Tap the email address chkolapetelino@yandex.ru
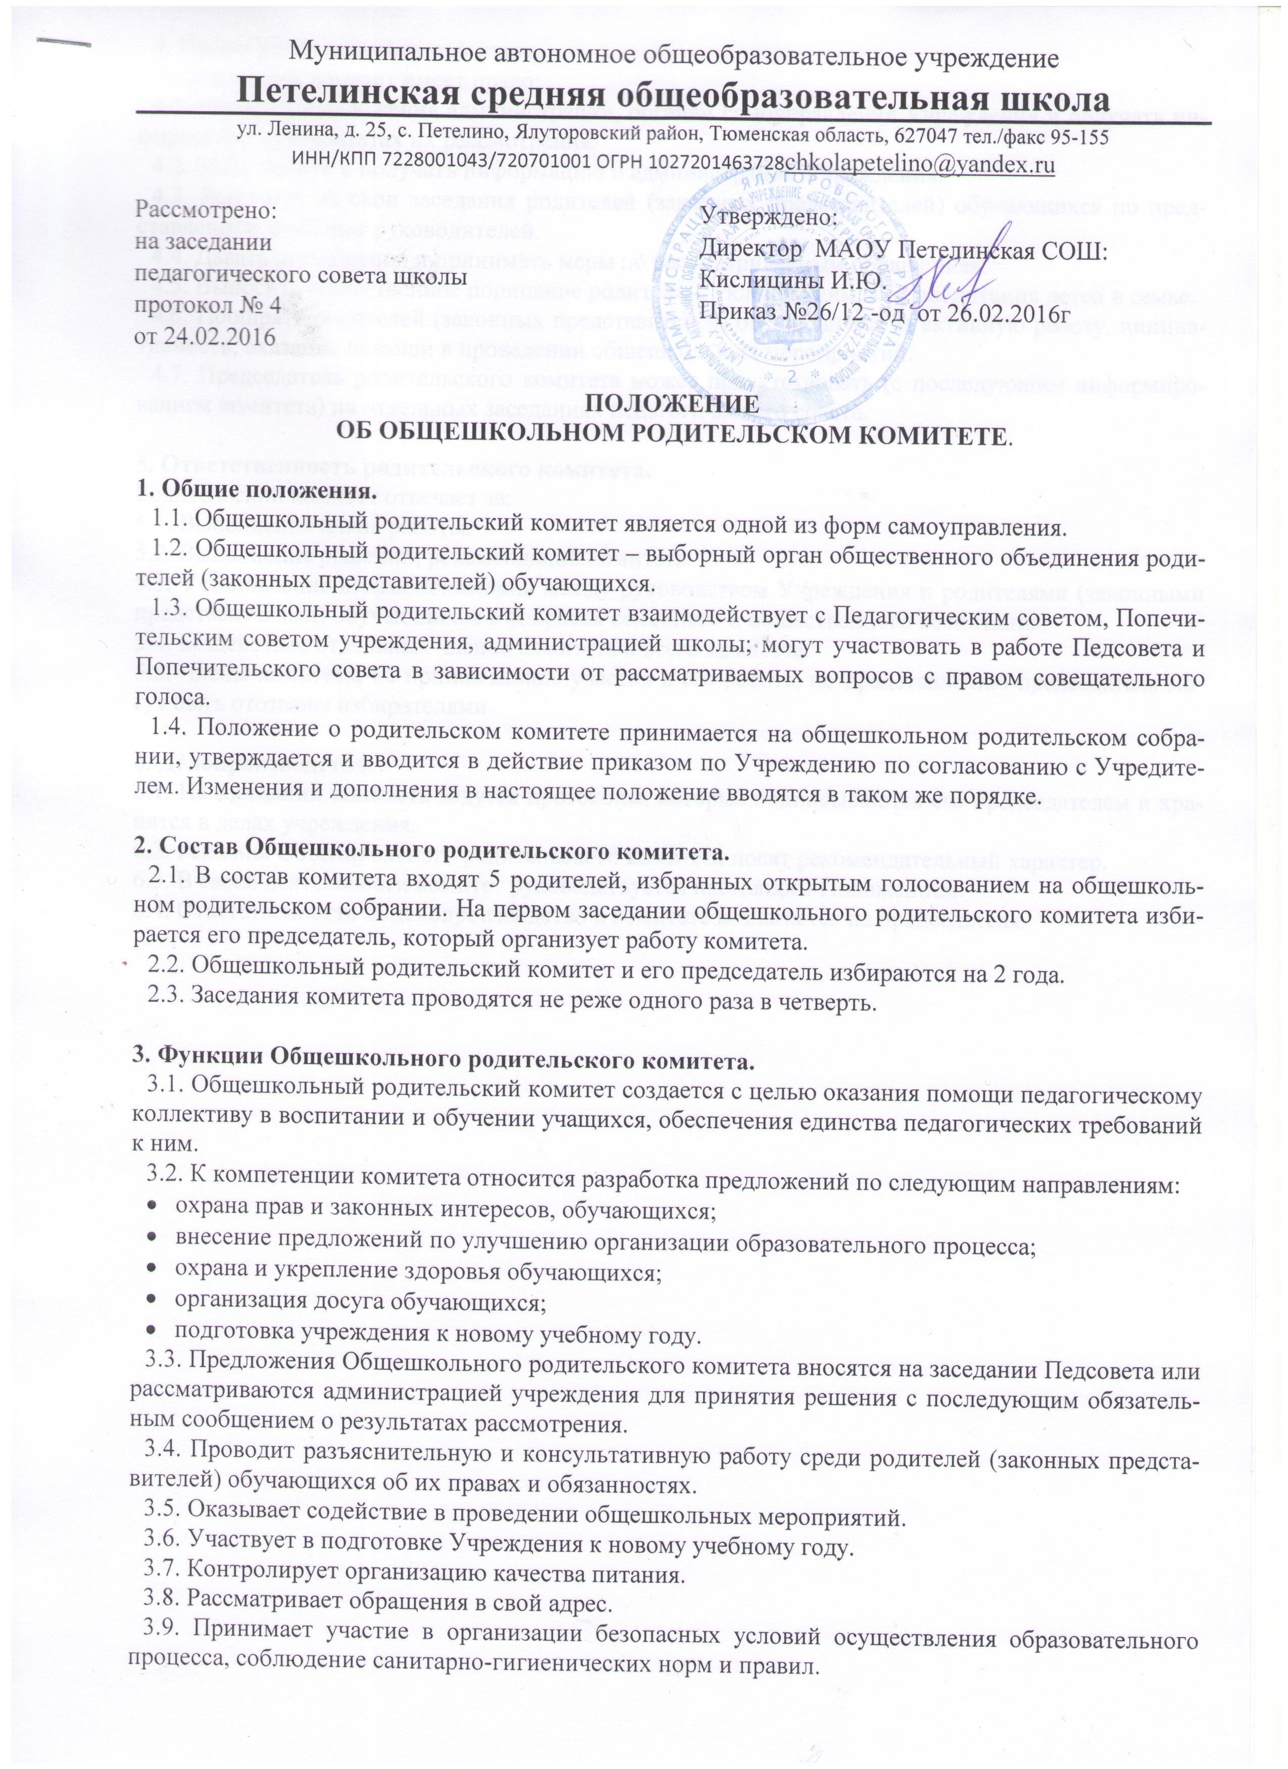click(x=920, y=165)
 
